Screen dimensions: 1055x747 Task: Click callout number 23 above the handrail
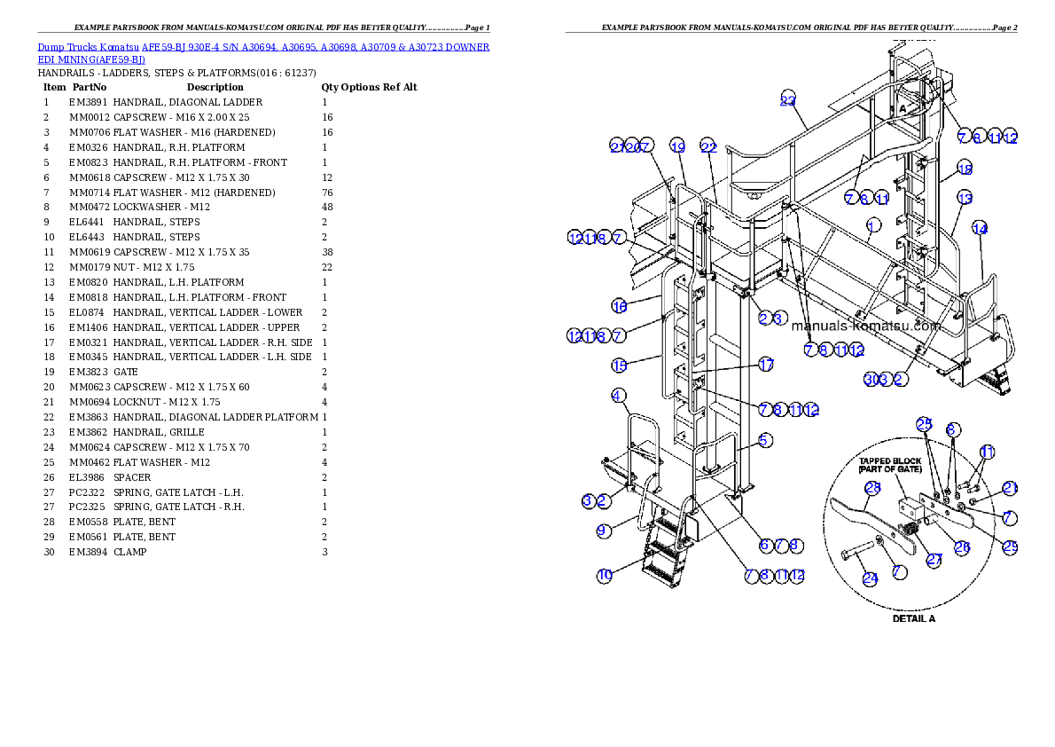pyautogui.click(x=788, y=99)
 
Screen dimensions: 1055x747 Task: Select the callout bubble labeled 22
pyautogui.click(x=707, y=146)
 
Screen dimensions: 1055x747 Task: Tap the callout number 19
pyautogui.click(x=677, y=146)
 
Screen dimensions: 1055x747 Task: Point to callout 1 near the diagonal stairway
pyautogui.click(x=873, y=224)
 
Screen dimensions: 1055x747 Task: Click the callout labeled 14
pyautogui.click(x=980, y=228)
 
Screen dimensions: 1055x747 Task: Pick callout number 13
pyautogui.click(x=965, y=198)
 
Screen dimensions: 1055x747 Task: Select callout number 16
pyautogui.click(x=620, y=306)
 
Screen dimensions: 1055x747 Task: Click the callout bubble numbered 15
pyautogui.click(x=620, y=365)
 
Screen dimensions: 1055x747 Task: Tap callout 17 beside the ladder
pyautogui.click(x=766, y=365)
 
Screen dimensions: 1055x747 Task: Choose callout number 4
pyautogui.click(x=619, y=396)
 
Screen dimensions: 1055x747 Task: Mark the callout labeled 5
pyautogui.click(x=765, y=439)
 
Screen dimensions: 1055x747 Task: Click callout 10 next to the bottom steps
pyautogui.click(x=605, y=575)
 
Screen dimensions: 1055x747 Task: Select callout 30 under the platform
pyautogui.click(x=871, y=380)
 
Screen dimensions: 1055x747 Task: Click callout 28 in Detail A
pyautogui.click(x=872, y=488)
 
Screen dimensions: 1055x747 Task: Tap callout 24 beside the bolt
pyautogui.click(x=871, y=578)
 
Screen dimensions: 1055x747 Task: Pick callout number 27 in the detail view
pyautogui.click(x=934, y=560)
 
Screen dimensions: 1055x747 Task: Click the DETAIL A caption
pyautogui.click(x=913, y=618)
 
